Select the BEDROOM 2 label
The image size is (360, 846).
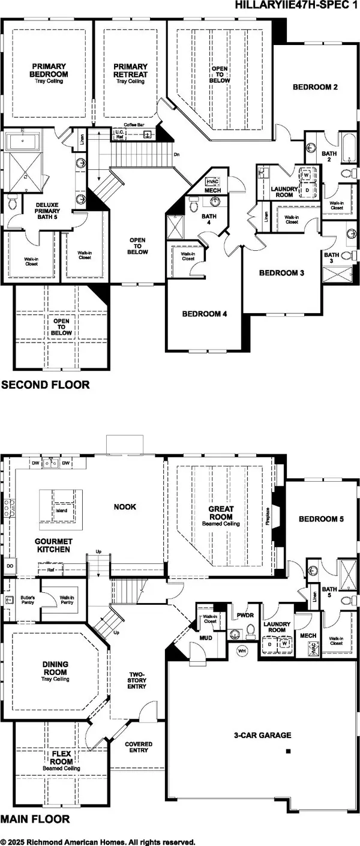point(315,87)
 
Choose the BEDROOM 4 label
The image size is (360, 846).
point(204,313)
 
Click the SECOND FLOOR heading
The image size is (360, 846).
point(45,385)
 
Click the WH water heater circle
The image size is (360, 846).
point(243,650)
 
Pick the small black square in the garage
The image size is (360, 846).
point(288,751)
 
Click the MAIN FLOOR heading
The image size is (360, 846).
point(35,819)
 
